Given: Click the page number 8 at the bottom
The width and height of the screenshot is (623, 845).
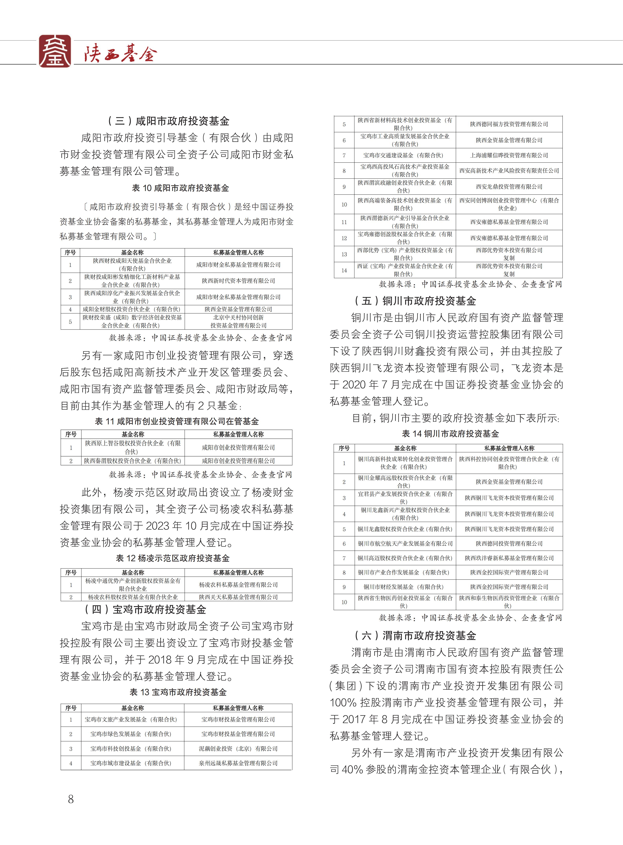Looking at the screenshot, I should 70,799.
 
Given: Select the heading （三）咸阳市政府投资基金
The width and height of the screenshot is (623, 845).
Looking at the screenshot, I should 169,121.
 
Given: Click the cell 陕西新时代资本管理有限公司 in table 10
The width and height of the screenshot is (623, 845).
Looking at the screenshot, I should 238,281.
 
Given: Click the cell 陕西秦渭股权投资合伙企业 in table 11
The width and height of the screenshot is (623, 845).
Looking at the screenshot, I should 133,461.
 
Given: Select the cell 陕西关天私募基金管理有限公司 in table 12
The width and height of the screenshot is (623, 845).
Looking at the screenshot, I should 238,597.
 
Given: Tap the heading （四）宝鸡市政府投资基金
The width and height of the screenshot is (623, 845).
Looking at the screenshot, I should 146,609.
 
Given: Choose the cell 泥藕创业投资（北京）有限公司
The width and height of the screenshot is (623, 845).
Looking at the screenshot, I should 238,749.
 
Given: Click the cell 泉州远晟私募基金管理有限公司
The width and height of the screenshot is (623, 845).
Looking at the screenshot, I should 238,763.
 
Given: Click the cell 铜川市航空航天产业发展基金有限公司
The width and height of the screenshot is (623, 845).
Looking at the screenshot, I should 405,543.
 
